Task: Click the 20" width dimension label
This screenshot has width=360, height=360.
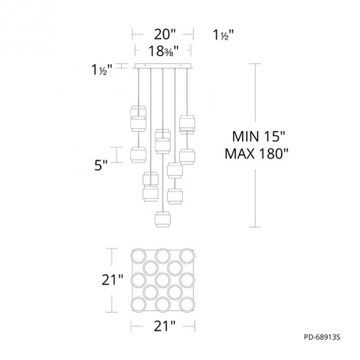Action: click(162, 34)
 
